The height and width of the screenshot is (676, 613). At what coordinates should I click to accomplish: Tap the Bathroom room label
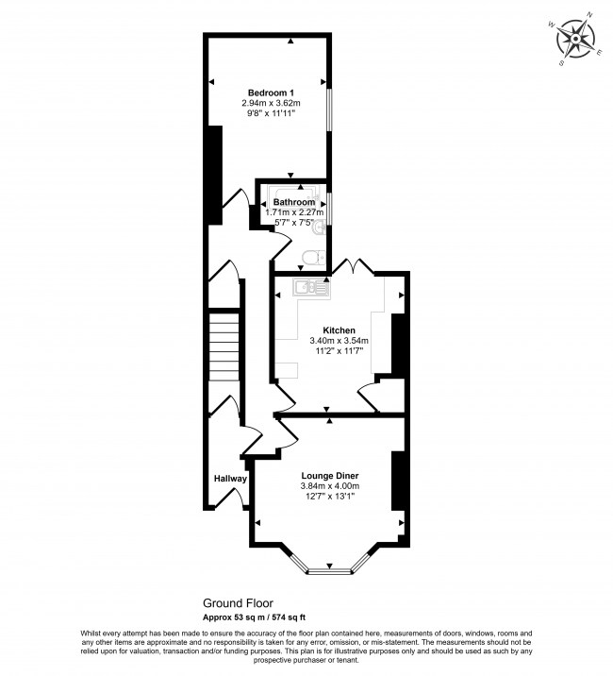point(294,202)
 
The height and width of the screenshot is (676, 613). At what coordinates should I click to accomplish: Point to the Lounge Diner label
point(330,475)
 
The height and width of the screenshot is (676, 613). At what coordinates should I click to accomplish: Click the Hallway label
point(229,479)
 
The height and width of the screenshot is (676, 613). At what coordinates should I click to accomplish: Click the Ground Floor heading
point(238,602)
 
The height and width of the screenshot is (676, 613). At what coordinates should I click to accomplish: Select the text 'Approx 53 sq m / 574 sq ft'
point(254,617)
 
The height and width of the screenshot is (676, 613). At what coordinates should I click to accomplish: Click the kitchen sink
point(308,287)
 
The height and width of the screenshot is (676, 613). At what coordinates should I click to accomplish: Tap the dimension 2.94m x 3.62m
point(271,102)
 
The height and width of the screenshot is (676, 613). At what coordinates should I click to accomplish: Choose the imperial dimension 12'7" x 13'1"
point(330,497)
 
